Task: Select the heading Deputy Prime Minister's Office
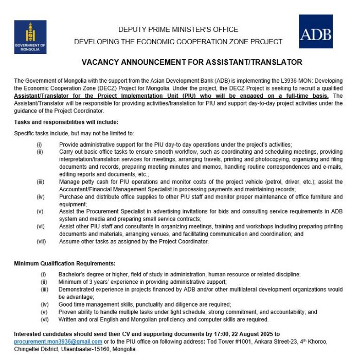click(x=178, y=29)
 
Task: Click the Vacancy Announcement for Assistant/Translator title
click(x=192, y=62)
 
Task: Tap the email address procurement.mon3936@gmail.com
click(x=58, y=341)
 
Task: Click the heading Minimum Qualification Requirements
click(x=64, y=264)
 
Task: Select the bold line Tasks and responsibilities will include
click(x=66, y=122)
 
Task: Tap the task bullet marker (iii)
click(x=40, y=182)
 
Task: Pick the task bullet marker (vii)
click(x=40, y=241)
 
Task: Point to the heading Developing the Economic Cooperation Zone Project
click(x=178, y=42)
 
